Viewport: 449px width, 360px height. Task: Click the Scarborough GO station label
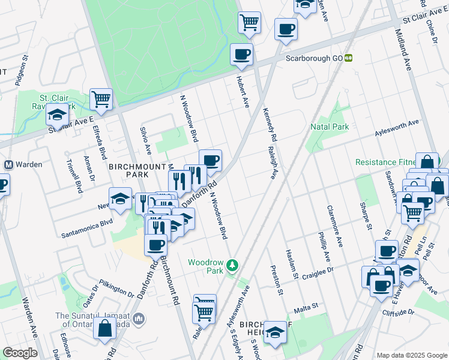click(314, 58)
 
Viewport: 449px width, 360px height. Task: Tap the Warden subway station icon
click(9, 164)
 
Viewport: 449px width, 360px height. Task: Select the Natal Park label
click(330, 127)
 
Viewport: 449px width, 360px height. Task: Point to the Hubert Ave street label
click(246, 93)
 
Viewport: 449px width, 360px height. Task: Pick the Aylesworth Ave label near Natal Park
click(396, 124)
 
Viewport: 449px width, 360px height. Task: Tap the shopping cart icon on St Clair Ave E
click(101, 99)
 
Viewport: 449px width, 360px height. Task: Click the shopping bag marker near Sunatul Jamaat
click(104, 328)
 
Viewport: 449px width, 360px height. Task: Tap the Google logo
click(20, 353)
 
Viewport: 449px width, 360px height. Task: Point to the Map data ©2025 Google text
click(411, 355)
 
